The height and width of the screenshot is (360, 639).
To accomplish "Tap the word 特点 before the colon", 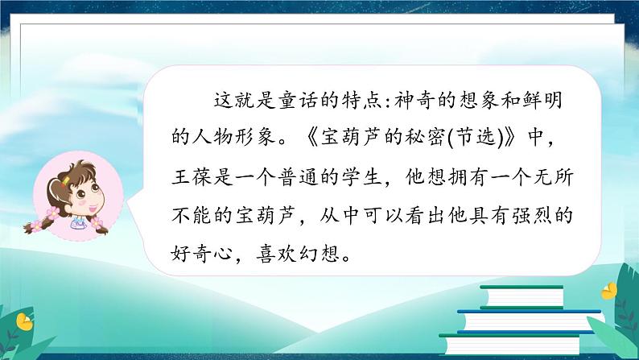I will point(381,101).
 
